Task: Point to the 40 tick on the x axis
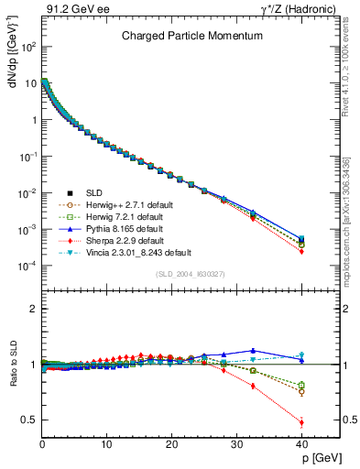[300, 444]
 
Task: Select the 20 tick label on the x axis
[171, 444]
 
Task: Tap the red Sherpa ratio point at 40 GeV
[301, 422]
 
